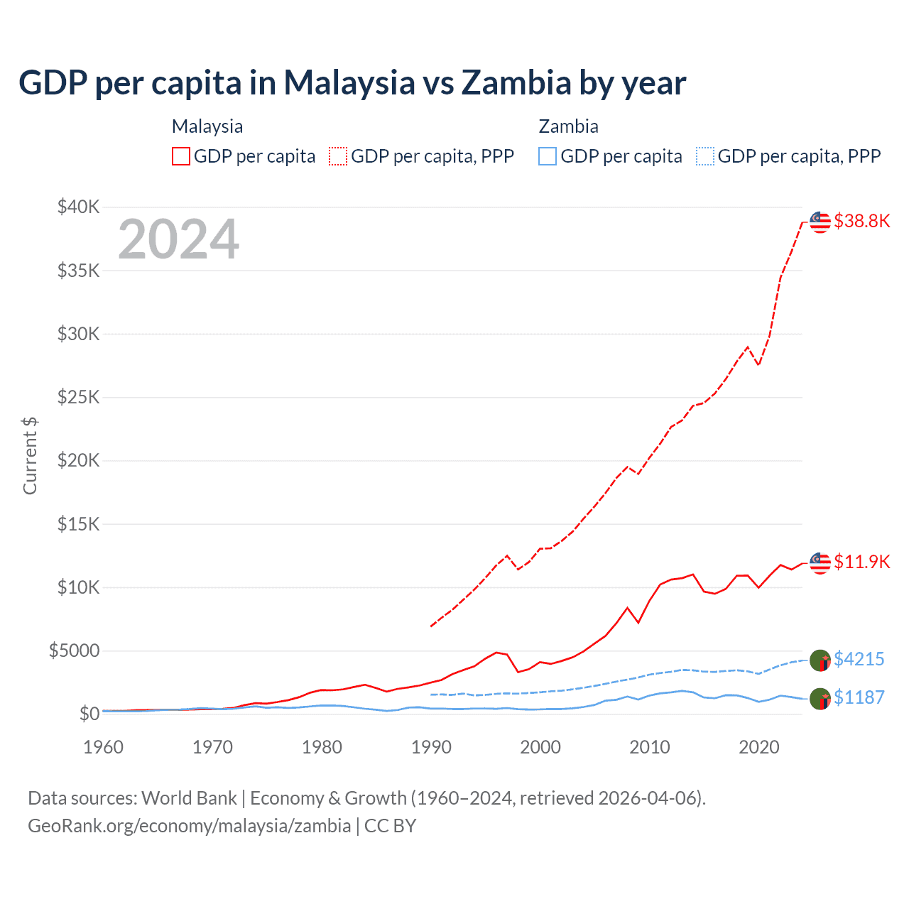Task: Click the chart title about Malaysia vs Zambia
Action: [x=352, y=83]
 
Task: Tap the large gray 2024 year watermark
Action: [x=178, y=239]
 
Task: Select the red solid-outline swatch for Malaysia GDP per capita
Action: [x=181, y=156]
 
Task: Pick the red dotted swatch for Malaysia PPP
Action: [x=338, y=156]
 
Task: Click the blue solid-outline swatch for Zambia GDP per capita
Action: [x=548, y=156]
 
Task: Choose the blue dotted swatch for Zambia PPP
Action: [x=705, y=156]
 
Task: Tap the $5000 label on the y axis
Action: [x=74, y=651]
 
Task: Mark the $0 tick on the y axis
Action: [x=89, y=714]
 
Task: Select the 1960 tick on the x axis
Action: [x=104, y=747]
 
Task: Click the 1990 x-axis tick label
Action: [x=431, y=747]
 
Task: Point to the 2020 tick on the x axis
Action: [x=759, y=747]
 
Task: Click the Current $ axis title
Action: [x=30, y=455]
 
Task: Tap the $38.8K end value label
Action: [x=861, y=222]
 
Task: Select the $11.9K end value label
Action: [x=861, y=562]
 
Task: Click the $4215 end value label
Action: [x=859, y=660]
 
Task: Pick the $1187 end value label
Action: [x=859, y=698]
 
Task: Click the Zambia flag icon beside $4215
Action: [x=820, y=660]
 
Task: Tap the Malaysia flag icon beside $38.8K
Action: [x=820, y=222]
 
